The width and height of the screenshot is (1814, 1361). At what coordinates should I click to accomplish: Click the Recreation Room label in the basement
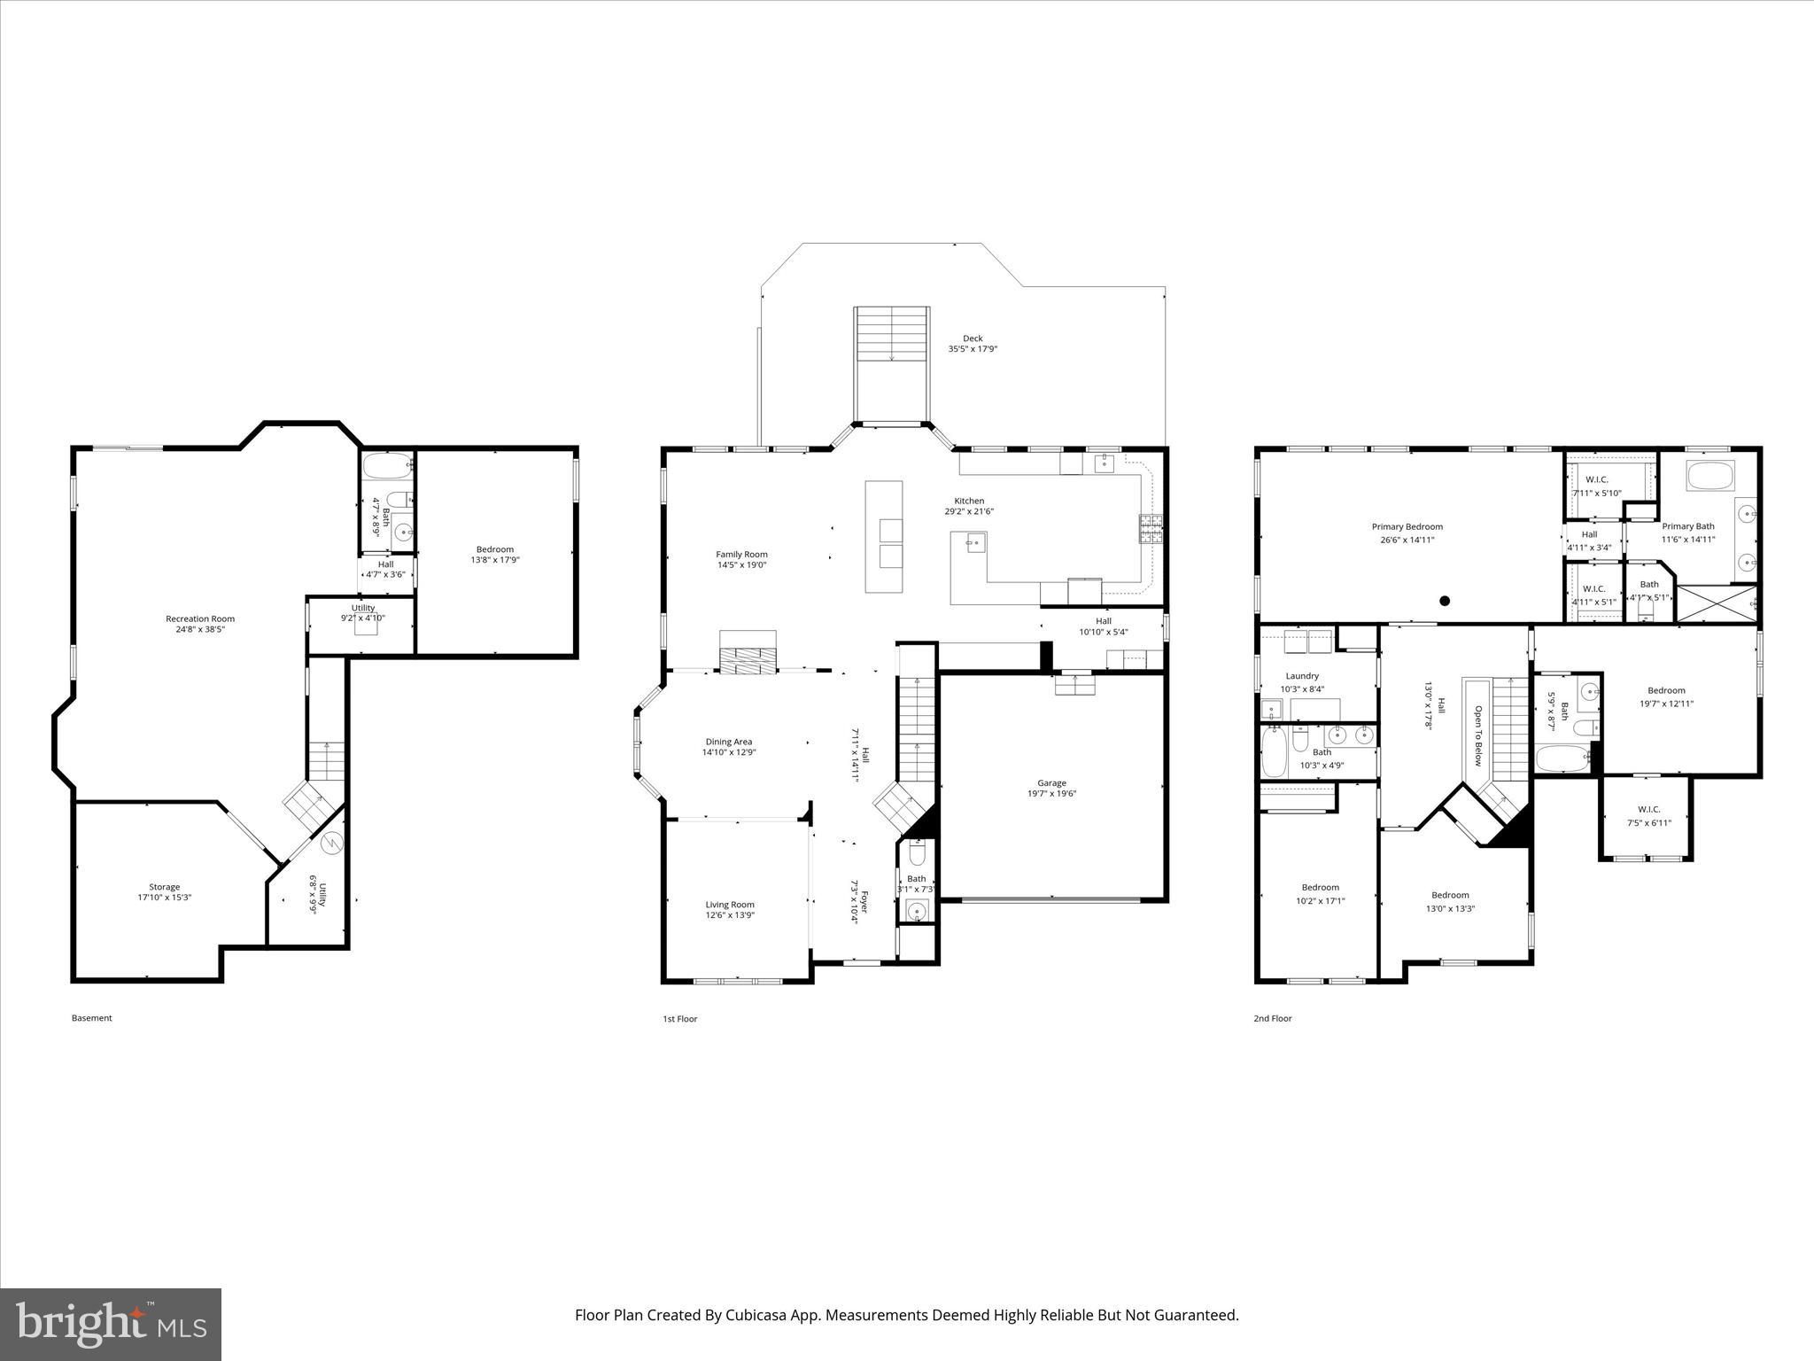(200, 618)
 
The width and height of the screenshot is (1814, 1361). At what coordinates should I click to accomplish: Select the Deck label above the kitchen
(973, 338)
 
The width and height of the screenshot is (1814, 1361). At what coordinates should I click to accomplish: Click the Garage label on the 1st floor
(1051, 782)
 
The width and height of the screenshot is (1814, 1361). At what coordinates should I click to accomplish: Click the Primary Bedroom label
(1407, 526)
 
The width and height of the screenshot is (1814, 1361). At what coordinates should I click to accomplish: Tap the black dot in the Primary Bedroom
(1445, 601)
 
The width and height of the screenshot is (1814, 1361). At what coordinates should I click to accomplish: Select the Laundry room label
(1302, 676)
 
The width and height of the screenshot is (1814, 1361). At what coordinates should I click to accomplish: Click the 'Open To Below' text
(1477, 735)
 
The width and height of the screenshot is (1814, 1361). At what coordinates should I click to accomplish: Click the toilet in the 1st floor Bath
(916, 854)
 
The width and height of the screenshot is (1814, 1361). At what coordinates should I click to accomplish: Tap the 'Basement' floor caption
(92, 1018)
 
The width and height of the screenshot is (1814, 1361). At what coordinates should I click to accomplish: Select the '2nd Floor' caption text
(1272, 1019)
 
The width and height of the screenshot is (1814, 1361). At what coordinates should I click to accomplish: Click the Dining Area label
(729, 742)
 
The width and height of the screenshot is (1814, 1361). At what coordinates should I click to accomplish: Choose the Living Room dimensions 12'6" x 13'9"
(730, 915)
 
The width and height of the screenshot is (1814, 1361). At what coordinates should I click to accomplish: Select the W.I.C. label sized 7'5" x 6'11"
(1648, 809)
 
